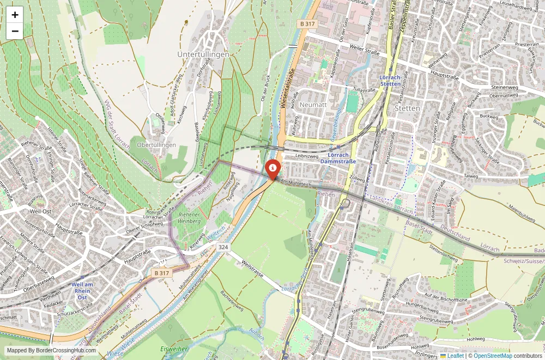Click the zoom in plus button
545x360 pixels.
[15, 15]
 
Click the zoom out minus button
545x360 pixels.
[15, 31]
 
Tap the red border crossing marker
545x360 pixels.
[272, 168]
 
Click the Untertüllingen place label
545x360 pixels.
[203, 55]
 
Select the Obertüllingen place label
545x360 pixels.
[156, 145]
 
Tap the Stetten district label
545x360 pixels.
[407, 108]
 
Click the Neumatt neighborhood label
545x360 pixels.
[313, 104]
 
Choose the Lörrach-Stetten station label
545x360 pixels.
[390, 81]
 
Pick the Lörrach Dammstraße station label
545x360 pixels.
[338, 158]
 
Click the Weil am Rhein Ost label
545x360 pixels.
[82, 290]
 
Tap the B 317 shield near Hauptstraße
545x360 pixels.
[162, 273]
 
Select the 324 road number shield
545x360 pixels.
[223, 247]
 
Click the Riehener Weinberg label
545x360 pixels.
[188, 218]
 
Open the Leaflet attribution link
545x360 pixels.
[452, 356]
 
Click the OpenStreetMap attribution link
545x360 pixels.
[493, 356]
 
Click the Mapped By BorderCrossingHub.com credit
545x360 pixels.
[52, 351]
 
